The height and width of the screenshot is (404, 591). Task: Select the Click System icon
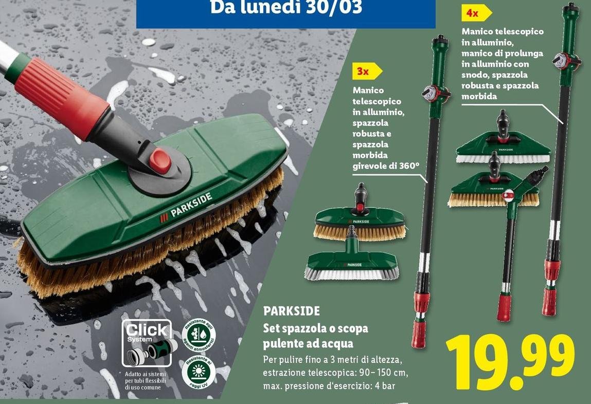tap(147, 341)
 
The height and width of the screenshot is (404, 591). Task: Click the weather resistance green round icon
tap(199, 336)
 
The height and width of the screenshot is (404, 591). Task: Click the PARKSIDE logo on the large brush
tap(185, 207)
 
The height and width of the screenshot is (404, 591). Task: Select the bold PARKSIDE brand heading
tap(291, 311)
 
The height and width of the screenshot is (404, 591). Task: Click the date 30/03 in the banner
tap(336, 8)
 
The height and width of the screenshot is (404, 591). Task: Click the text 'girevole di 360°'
tap(386, 166)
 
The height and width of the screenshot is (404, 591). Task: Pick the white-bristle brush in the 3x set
tap(352, 266)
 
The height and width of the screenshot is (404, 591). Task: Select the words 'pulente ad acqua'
tap(308, 342)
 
